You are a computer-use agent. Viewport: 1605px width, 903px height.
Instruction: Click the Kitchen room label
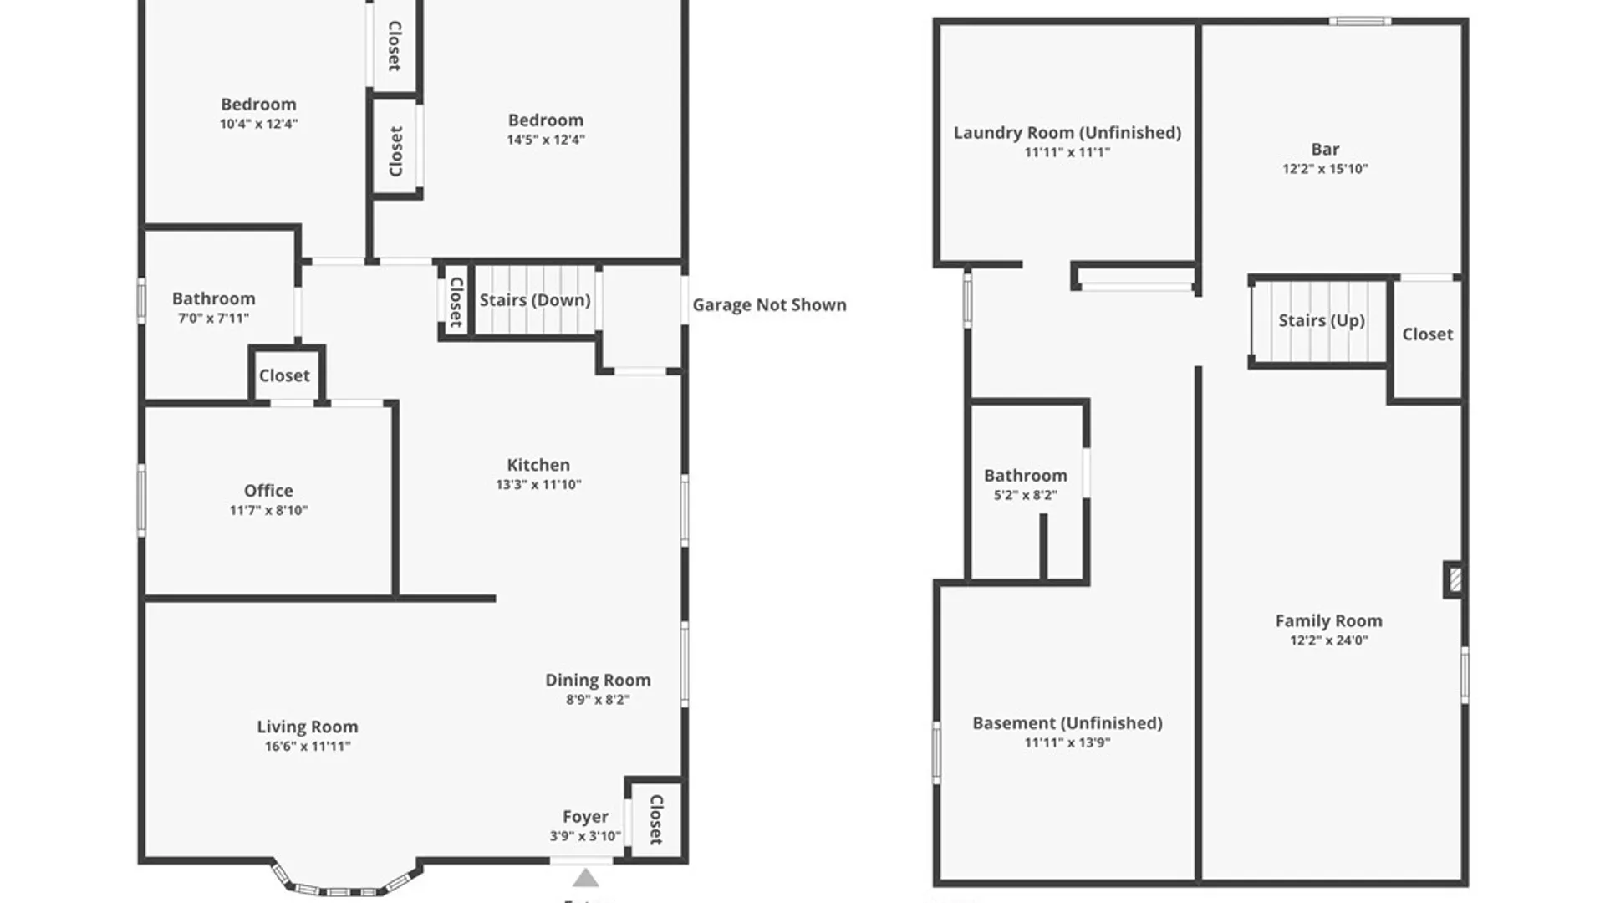[538, 465]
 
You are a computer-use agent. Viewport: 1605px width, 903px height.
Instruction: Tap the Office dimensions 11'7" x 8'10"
[268, 510]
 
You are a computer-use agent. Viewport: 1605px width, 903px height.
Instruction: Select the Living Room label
[307, 727]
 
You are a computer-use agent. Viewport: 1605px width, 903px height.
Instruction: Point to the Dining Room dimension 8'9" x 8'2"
[598, 700]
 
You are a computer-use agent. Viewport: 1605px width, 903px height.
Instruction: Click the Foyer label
[585, 816]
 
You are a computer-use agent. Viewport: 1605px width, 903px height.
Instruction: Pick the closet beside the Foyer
[656, 819]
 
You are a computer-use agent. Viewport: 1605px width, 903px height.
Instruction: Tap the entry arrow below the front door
[585, 878]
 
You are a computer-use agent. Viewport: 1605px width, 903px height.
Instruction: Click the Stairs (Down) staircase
[535, 300]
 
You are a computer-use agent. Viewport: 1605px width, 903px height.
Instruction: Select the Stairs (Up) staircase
[1321, 321]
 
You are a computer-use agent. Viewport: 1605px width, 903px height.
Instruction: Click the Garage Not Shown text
[769, 304]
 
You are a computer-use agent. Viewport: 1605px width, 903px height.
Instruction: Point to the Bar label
[1325, 149]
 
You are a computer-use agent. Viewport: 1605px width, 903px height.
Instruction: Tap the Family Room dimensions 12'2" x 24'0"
[1328, 640]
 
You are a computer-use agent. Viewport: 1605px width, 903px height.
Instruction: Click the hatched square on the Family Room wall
[1455, 579]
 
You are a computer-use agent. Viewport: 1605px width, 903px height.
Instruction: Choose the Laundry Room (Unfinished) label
[1067, 132]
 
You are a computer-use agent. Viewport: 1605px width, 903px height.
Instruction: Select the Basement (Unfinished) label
[1067, 722]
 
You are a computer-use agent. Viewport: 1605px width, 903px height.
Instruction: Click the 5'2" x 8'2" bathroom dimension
[1026, 495]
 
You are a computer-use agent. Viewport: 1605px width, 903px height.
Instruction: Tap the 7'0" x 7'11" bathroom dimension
[213, 318]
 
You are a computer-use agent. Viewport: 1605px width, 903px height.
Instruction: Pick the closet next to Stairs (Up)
[1427, 334]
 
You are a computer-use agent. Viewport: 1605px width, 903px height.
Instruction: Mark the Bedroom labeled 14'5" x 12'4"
[546, 120]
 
